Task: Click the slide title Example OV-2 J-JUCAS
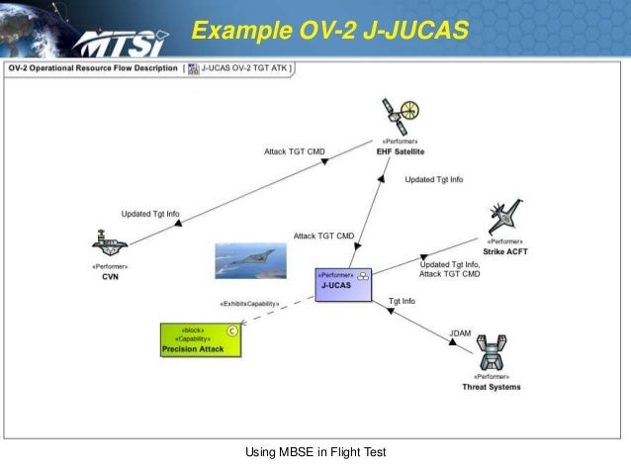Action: point(330,31)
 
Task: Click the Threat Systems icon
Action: point(492,352)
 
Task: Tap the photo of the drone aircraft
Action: point(250,260)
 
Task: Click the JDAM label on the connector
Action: point(460,333)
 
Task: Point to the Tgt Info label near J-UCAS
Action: point(402,301)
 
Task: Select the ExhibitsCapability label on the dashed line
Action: point(249,303)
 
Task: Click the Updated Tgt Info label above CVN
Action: point(150,214)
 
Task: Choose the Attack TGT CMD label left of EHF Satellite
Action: point(294,151)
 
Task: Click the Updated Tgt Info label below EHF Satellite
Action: point(434,179)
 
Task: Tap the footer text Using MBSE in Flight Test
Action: point(315,453)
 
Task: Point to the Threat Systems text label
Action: point(492,387)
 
